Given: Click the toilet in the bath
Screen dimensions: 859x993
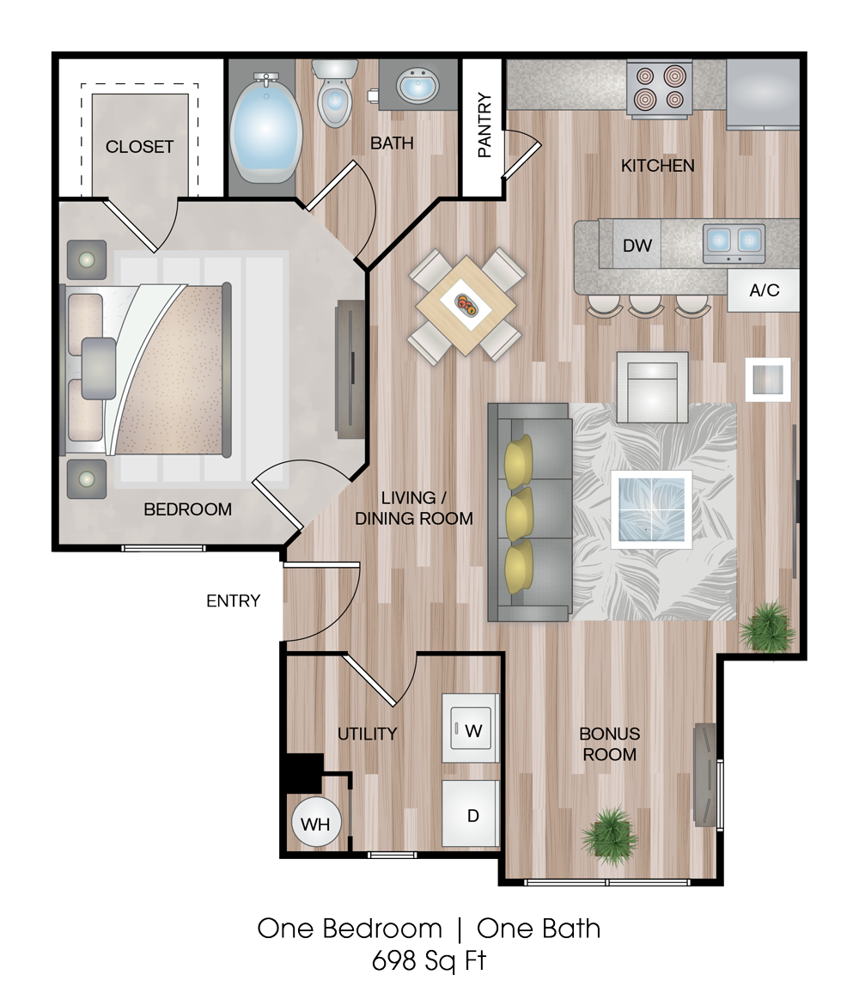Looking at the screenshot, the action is (x=334, y=93).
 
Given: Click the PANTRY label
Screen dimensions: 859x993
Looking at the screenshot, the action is (x=484, y=125).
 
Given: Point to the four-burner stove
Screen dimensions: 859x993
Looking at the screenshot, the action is (x=659, y=88).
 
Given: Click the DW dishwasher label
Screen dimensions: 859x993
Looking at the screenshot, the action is (x=637, y=246).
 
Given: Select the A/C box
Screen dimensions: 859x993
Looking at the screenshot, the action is (x=764, y=290).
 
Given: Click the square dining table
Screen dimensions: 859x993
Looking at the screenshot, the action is (x=466, y=305).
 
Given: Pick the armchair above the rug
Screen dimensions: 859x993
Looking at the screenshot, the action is (x=653, y=387).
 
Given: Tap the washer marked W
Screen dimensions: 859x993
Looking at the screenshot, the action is (x=470, y=728).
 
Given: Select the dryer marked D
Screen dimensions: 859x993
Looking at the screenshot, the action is (x=471, y=813).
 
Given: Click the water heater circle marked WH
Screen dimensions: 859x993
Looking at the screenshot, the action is (x=316, y=823).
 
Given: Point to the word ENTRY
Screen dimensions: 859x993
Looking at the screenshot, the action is (x=233, y=600).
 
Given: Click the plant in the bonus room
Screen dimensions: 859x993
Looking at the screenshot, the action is (x=609, y=835).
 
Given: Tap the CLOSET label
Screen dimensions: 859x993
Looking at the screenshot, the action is (x=139, y=147).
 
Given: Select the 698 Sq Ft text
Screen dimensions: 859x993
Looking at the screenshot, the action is (x=429, y=960).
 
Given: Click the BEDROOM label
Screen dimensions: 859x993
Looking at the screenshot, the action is (x=187, y=509).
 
